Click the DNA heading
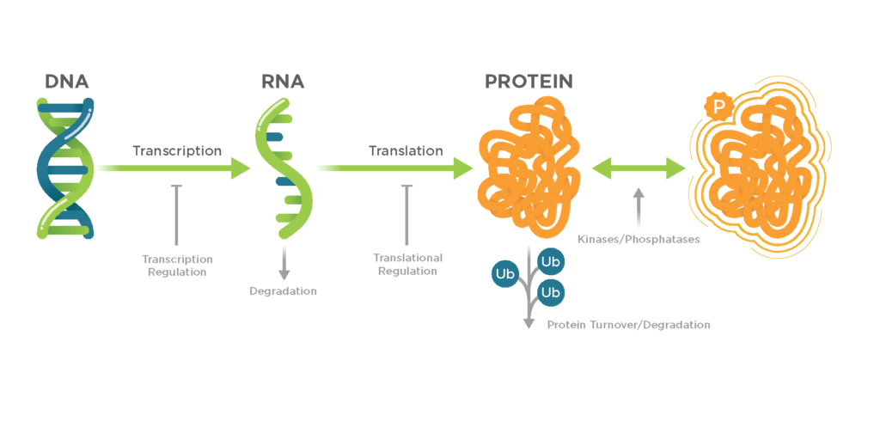click(67, 82)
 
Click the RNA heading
click(283, 82)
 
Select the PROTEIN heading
click(529, 82)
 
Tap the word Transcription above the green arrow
click(177, 151)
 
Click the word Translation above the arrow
click(406, 151)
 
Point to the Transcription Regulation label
click(177, 265)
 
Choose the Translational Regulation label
click(407, 264)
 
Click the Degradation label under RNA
click(284, 291)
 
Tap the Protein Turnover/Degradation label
click(628, 325)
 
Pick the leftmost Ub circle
click(504, 273)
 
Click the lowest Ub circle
click(550, 293)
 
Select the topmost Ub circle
click(550, 260)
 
